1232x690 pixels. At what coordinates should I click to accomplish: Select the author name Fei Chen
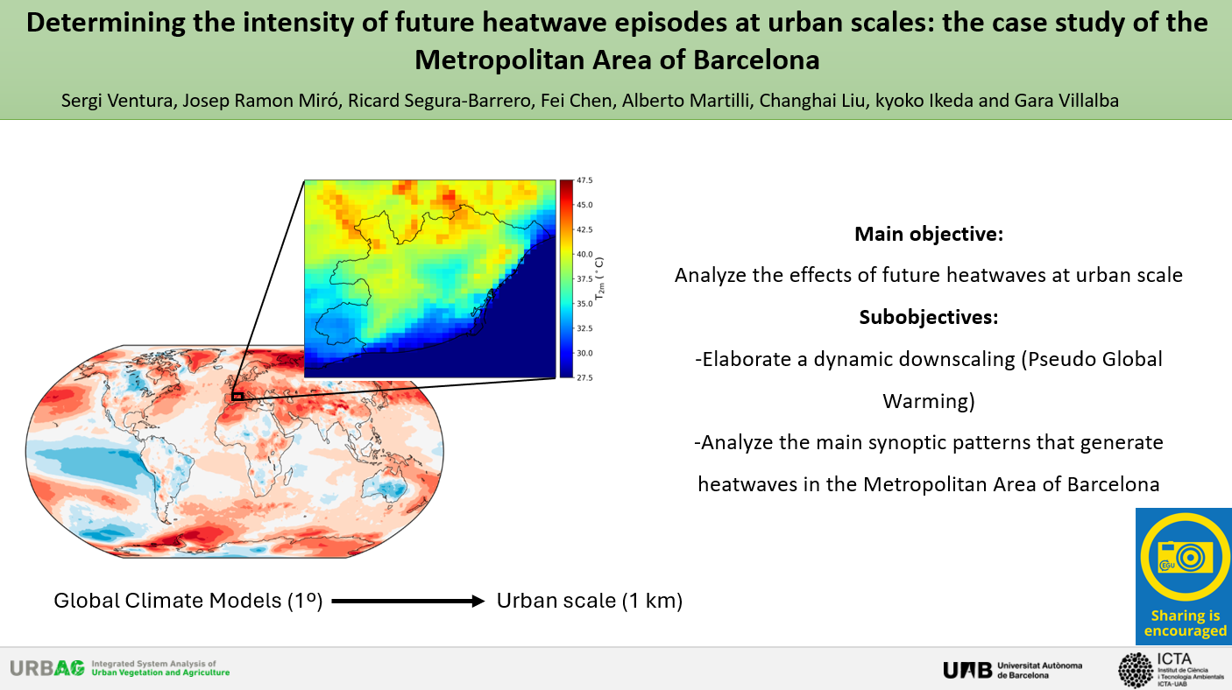click(576, 101)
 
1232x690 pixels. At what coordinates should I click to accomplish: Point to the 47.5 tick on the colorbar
click(584, 180)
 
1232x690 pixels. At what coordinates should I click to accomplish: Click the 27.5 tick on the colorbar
click(584, 377)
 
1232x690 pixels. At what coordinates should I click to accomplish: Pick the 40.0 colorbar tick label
click(584, 254)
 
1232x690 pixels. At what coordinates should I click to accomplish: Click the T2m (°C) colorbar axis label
click(600, 278)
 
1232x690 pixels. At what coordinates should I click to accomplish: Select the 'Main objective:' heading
click(929, 234)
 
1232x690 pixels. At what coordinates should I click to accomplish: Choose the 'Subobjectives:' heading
click(929, 317)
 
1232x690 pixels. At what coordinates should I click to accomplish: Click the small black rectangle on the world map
click(237, 397)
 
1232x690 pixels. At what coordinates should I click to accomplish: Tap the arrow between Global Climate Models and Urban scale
click(408, 601)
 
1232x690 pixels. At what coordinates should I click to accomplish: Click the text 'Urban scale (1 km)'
click(590, 601)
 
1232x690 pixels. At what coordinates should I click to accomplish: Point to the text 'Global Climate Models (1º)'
click(188, 601)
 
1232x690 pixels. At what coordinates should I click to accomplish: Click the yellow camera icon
click(1186, 558)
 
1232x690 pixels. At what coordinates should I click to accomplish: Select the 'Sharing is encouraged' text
click(1186, 623)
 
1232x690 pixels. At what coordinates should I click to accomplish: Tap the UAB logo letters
click(967, 670)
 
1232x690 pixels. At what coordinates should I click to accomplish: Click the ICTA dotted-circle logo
click(1136, 670)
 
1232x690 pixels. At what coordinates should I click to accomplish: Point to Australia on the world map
click(385, 487)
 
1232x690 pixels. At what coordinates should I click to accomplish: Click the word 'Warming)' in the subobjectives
click(929, 401)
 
